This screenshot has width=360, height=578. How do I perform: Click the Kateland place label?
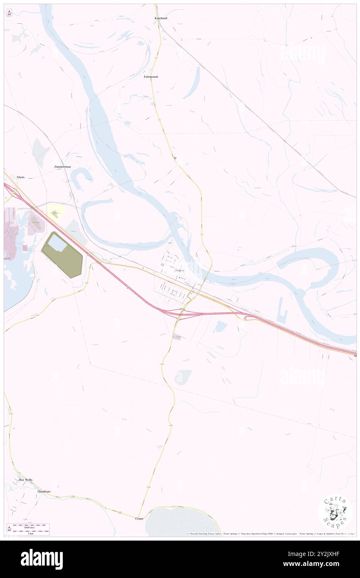click(x=160, y=19)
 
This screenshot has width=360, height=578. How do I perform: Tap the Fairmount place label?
click(x=151, y=77)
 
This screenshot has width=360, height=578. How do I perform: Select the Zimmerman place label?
click(x=62, y=166)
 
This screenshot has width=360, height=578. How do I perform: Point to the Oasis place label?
click(x=21, y=177)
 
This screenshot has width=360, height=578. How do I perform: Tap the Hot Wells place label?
click(x=25, y=480)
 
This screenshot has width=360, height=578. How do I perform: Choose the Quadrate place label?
click(x=44, y=492)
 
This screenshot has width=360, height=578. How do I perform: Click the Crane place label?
click(x=139, y=519)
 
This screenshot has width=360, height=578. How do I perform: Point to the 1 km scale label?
click(x=28, y=534)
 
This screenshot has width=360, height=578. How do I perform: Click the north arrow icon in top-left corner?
click(x=9, y=13)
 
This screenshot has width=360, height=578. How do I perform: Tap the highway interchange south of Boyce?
click(x=183, y=313)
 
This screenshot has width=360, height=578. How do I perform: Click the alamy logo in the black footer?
click(x=42, y=559)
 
